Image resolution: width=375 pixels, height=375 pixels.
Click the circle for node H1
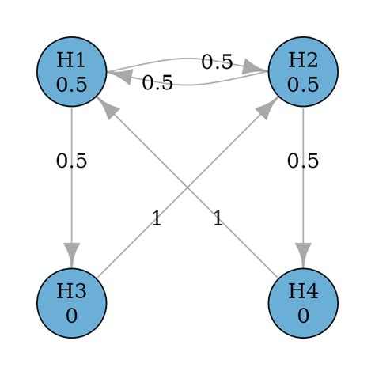[72, 71]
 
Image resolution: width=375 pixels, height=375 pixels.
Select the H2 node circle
[304, 71]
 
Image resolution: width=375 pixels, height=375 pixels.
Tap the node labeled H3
[72, 303]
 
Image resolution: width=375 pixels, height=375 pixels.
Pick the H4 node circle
[304, 303]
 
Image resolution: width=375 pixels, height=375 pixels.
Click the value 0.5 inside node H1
[72, 84]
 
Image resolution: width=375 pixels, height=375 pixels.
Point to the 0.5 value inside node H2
[304, 84]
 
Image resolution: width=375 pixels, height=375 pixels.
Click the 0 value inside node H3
[72, 316]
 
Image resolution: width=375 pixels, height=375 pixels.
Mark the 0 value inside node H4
[304, 316]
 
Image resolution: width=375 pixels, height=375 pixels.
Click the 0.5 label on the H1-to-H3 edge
[72, 161]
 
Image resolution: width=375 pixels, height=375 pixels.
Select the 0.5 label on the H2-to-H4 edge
[304, 161]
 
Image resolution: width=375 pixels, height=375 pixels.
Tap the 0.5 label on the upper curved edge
[217, 61]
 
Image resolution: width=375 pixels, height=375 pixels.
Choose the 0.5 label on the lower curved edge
[157, 82]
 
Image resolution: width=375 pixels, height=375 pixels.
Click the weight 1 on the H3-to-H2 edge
[157, 218]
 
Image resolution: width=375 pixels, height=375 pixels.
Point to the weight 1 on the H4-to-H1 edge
[217, 218]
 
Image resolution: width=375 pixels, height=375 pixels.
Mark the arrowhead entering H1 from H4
[108, 108]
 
